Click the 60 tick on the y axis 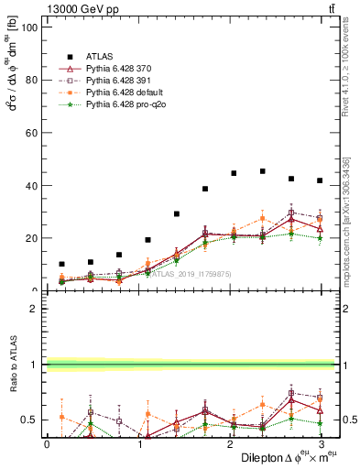[30, 133]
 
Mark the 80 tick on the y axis [30, 80]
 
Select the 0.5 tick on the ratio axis [27, 420]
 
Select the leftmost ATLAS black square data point [61, 264]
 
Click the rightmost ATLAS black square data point [320, 180]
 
